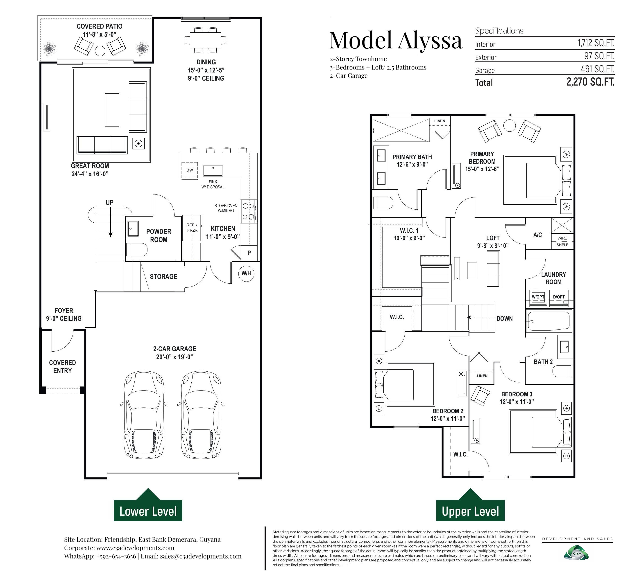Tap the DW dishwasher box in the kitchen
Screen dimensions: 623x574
click(x=190, y=170)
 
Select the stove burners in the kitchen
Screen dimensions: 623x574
click(x=249, y=211)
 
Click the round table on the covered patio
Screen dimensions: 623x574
click(x=100, y=51)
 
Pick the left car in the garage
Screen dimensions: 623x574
click(x=144, y=415)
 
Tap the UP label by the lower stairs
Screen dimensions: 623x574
click(x=110, y=203)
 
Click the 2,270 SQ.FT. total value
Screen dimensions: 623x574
click(x=590, y=82)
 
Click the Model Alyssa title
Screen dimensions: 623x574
click(x=396, y=40)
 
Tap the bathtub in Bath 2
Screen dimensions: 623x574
click(x=549, y=321)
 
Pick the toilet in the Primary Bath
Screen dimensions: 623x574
click(x=383, y=203)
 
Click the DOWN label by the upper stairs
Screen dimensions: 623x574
click(x=505, y=319)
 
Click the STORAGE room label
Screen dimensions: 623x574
click(x=163, y=277)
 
